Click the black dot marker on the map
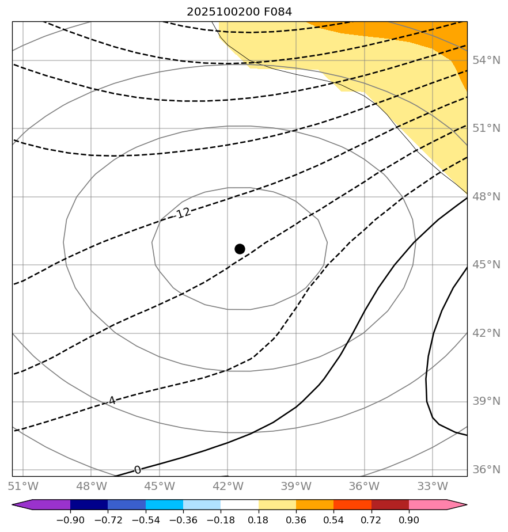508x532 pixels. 240,249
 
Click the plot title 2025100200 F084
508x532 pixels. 239,12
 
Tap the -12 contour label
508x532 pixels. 183,214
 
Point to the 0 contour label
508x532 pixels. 137,470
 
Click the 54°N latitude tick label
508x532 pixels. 487,60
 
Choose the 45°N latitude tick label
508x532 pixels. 487,265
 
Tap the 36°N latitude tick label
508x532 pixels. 487,470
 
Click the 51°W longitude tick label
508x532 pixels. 23,486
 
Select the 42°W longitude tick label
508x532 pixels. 228,486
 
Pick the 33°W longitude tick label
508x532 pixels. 432,486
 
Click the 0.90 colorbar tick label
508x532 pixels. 409,520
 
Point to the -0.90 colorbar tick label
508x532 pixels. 70,520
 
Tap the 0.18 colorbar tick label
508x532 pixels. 259,520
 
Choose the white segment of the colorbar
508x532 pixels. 240,505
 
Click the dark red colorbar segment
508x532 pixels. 390,505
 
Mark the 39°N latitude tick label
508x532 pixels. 487,401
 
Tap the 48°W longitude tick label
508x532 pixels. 91,486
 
